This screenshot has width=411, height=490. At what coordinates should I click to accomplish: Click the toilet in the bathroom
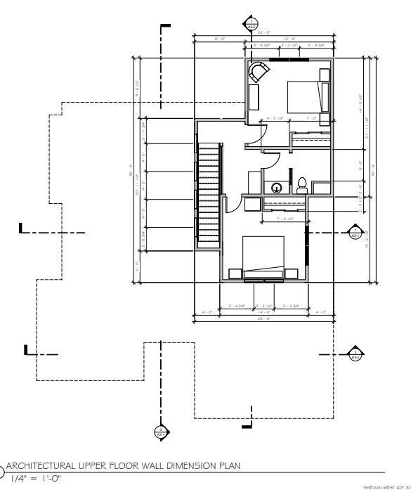click(x=301, y=186)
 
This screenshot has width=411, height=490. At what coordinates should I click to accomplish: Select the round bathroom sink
click(x=278, y=188)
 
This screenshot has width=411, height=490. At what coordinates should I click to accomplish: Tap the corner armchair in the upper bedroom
click(x=258, y=72)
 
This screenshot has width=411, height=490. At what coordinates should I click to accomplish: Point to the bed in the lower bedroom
click(x=263, y=256)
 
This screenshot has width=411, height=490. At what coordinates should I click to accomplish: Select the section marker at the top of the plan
click(x=251, y=24)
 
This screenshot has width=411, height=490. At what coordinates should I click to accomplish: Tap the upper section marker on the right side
click(x=355, y=232)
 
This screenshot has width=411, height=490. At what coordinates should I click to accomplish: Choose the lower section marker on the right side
click(x=355, y=354)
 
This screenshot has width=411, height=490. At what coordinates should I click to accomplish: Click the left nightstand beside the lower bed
click(x=235, y=273)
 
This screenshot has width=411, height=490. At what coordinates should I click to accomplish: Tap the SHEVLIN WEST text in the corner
click(x=386, y=486)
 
